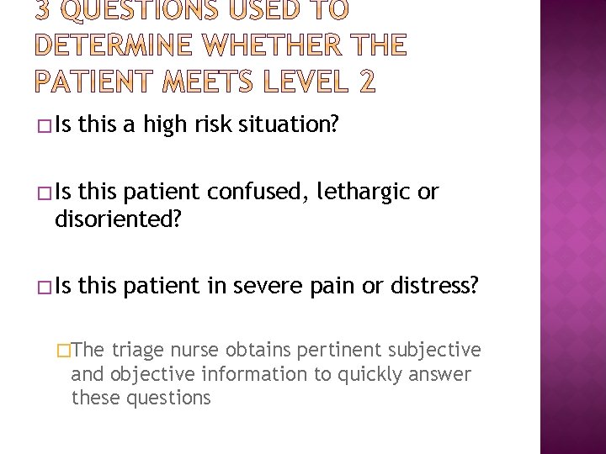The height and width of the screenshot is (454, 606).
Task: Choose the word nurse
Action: click(193, 351)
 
